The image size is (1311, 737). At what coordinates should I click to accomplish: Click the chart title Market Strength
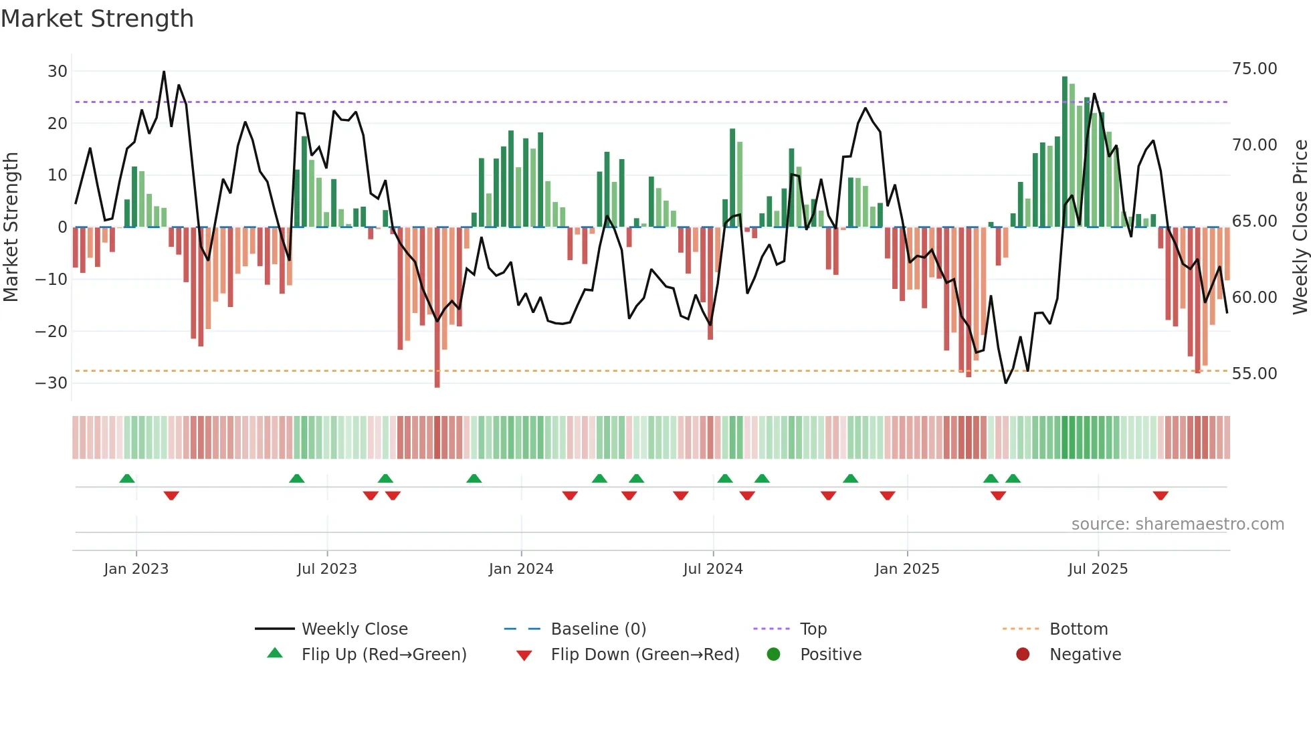click(x=97, y=19)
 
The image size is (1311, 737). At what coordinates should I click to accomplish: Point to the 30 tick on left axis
click(x=58, y=72)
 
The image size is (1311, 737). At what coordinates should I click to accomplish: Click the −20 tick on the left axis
click(x=52, y=331)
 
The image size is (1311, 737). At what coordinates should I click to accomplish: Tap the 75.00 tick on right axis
click(x=1254, y=69)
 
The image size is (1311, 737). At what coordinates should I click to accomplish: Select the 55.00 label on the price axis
click(x=1254, y=374)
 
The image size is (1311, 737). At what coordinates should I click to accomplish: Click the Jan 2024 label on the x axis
click(x=521, y=569)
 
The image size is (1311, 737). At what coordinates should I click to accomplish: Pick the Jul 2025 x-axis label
click(x=1098, y=569)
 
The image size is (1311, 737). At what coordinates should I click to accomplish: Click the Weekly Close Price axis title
click(x=1300, y=227)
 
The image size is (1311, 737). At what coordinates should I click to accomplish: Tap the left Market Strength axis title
click(x=11, y=227)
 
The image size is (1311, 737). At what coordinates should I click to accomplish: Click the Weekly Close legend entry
click(x=355, y=629)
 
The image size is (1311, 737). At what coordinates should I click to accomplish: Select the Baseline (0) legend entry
click(x=598, y=629)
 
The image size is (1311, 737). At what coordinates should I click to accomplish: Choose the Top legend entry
click(x=813, y=629)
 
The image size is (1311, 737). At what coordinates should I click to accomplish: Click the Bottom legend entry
click(x=1078, y=629)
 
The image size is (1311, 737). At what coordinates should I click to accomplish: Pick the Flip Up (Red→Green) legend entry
click(x=383, y=655)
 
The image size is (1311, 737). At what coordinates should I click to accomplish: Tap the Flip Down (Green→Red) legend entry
click(x=645, y=655)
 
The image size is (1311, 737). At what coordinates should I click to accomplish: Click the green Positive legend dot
click(x=774, y=655)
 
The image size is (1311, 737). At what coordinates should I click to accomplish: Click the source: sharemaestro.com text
click(x=1177, y=524)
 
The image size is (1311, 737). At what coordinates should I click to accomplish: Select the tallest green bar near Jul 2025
click(x=1065, y=152)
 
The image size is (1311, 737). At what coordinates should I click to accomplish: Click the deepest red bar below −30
click(x=437, y=308)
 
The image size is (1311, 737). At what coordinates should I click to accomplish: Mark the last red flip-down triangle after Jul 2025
click(x=1161, y=496)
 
